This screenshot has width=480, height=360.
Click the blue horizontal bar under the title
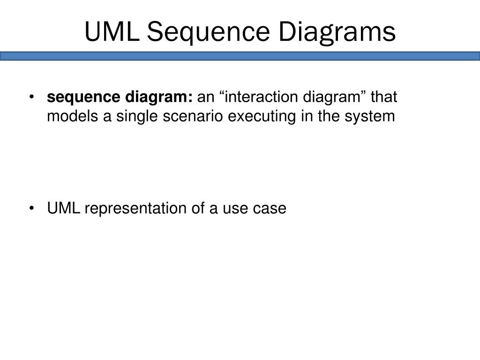point(240,56)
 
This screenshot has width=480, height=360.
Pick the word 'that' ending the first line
point(383,97)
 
